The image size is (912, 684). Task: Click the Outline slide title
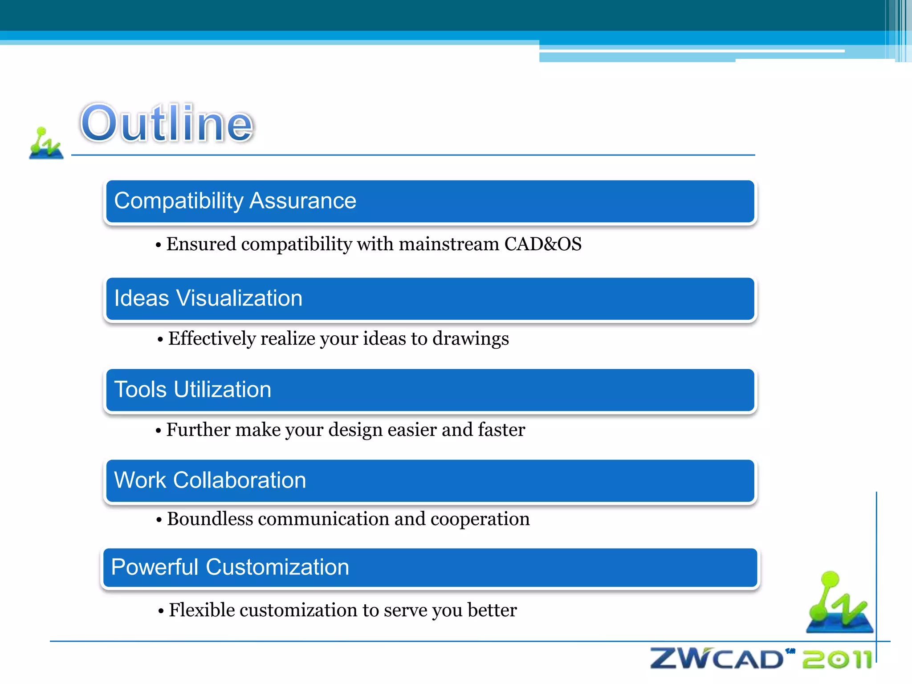(x=167, y=123)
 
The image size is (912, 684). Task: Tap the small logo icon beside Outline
(x=46, y=143)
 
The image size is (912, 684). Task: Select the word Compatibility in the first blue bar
(x=178, y=201)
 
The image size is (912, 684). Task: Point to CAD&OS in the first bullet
(x=542, y=244)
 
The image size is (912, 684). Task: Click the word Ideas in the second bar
(x=142, y=298)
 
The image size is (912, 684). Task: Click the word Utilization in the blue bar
(x=222, y=389)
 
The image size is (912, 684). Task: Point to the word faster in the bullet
(x=501, y=430)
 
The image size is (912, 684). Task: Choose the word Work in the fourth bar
(x=140, y=480)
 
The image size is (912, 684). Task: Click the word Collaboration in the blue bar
(x=240, y=480)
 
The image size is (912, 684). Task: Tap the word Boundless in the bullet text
(x=210, y=519)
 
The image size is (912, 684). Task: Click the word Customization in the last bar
(x=277, y=567)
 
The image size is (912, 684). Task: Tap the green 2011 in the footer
(x=837, y=660)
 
